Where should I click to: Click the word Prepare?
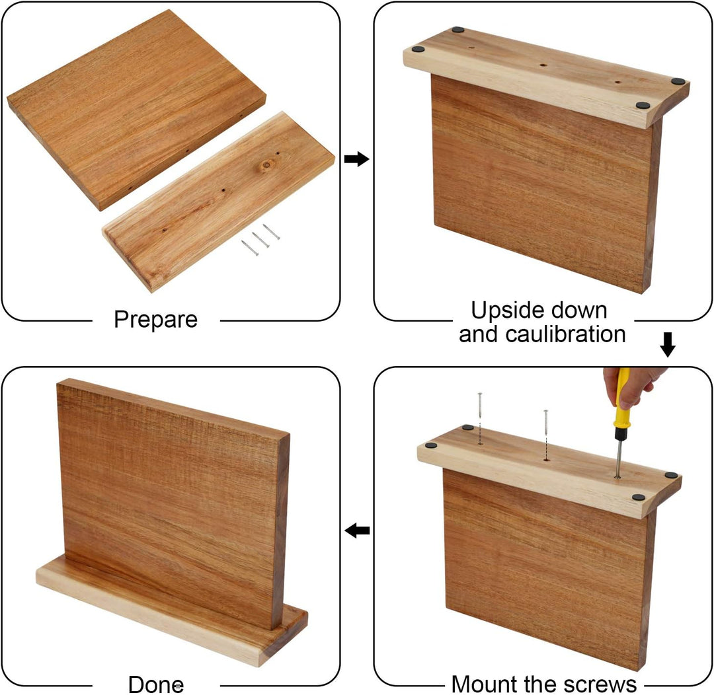tap(156, 319)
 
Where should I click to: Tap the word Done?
tap(156, 684)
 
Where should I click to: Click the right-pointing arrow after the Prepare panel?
tap(356, 159)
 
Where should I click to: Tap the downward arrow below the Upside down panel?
tap(668, 345)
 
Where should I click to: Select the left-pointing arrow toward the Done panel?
tap(357, 530)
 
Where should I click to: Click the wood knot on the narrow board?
tap(266, 165)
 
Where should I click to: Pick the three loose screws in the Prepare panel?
tap(260, 240)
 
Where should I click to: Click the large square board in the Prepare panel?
tap(136, 109)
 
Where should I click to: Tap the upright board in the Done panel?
tap(173, 503)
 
